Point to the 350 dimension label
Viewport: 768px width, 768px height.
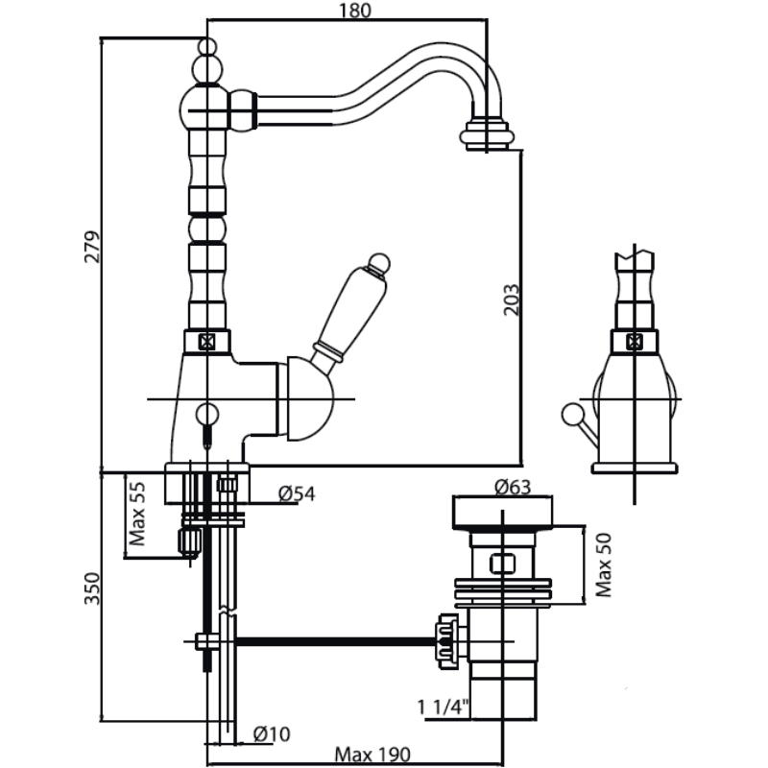point(92,588)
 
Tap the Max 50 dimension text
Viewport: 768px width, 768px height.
point(604,564)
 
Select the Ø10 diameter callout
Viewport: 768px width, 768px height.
point(272,734)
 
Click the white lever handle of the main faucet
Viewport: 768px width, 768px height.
point(351,311)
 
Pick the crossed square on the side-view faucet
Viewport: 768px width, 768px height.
point(634,340)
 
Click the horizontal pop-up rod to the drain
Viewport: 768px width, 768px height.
point(336,640)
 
